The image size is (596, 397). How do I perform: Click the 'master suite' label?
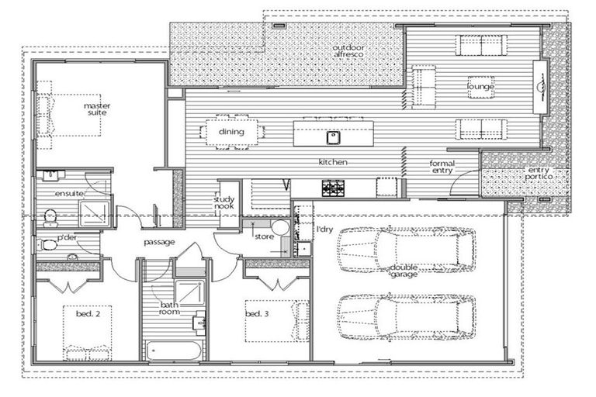click(96, 109)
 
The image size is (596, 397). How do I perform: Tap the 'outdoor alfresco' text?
click(349, 52)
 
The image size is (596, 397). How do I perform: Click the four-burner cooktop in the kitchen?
click(334, 188)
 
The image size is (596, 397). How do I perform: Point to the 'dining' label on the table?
click(231, 132)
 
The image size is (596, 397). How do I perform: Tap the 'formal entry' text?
click(442, 168)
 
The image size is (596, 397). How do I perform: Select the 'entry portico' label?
click(543, 174)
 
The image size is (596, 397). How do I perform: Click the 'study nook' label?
click(223, 203)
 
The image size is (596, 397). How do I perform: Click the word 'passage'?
click(159, 242)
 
